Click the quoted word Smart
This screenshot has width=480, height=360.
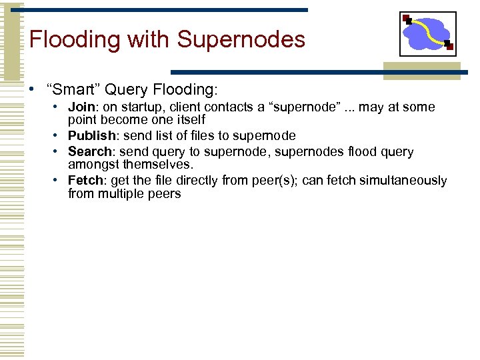(x=70, y=89)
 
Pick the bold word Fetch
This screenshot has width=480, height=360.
(x=84, y=181)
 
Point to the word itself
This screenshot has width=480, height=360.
(x=189, y=120)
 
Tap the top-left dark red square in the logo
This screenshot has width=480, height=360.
(x=407, y=18)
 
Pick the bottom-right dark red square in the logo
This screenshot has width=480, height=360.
(x=449, y=47)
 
